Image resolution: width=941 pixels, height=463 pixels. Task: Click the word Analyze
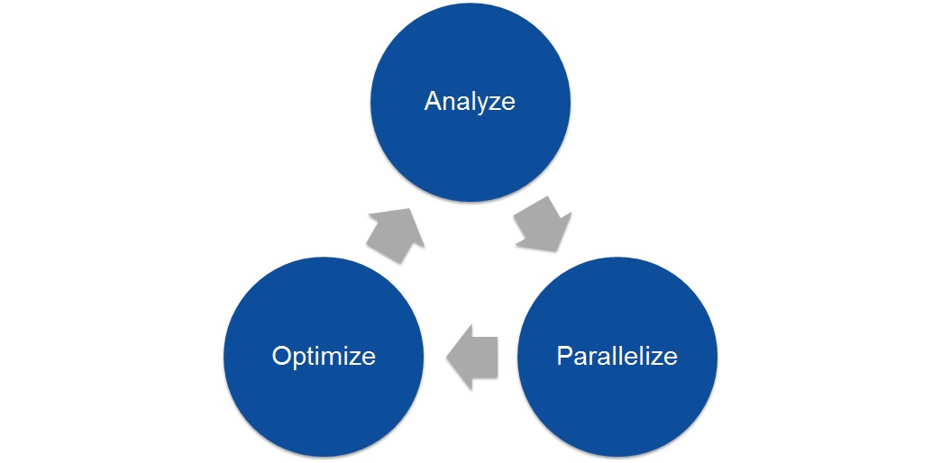coord(470,100)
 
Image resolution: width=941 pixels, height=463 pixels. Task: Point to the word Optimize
coord(323,356)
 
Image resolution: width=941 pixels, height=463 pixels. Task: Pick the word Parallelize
coord(617,356)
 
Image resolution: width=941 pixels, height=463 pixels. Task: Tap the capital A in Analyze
coord(433,100)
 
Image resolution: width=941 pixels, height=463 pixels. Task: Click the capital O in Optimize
coord(281,356)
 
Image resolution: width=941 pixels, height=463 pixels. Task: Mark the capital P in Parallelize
coord(563,356)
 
